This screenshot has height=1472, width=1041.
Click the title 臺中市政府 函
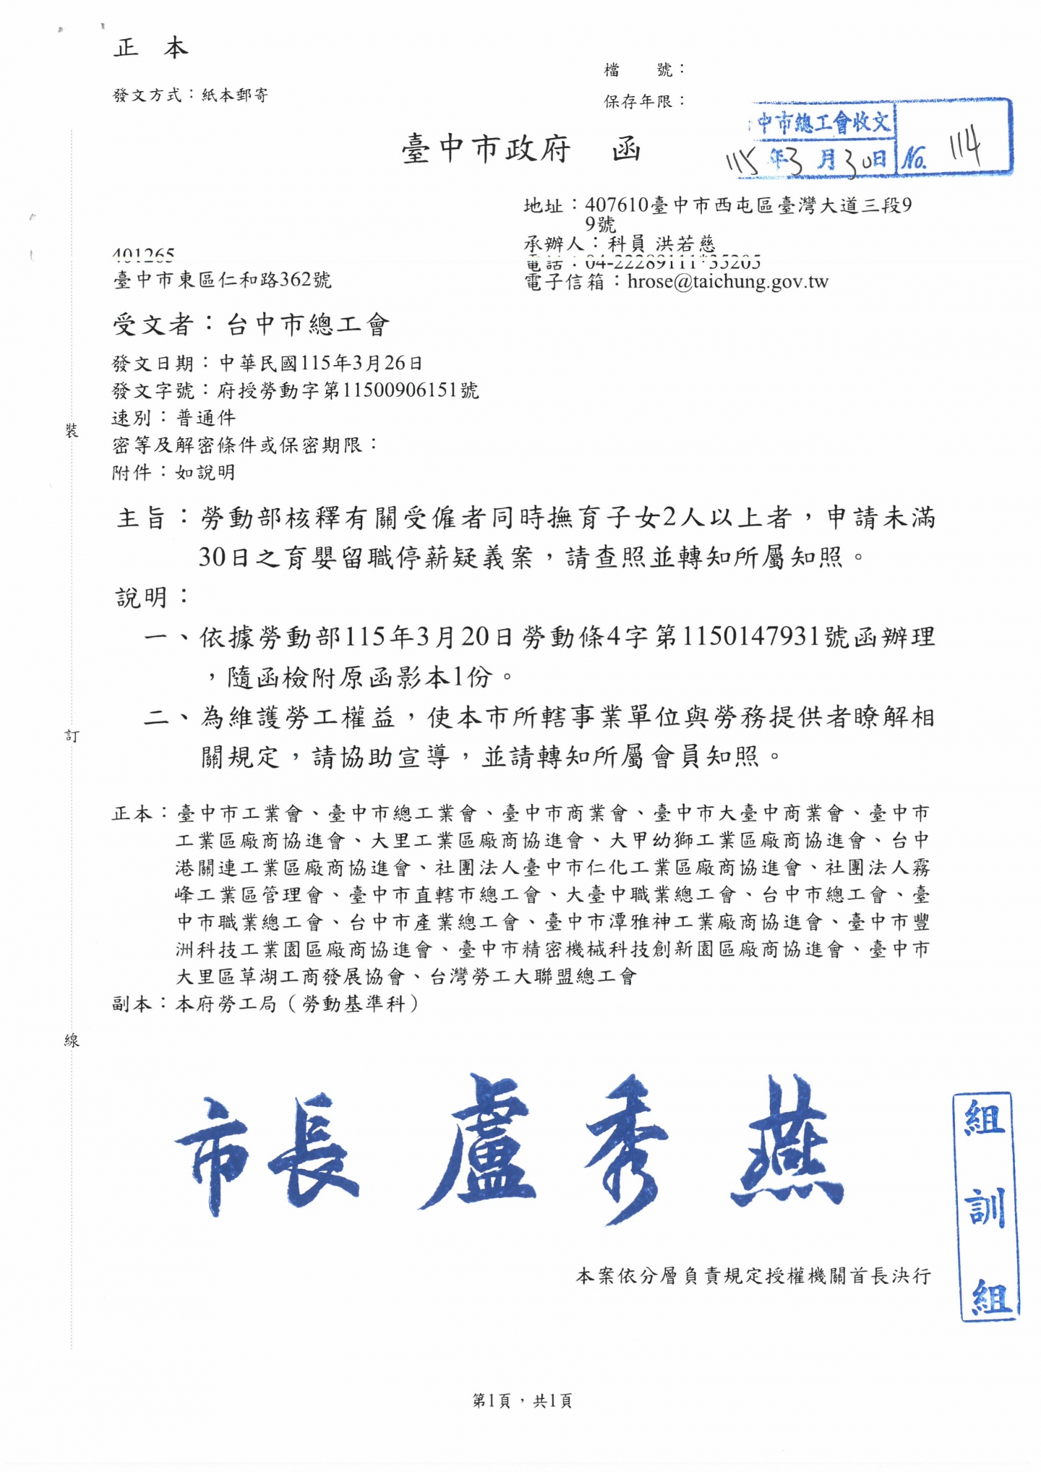[521, 150]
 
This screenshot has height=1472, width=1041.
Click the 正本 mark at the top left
[150, 48]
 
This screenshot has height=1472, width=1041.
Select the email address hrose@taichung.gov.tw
[727, 282]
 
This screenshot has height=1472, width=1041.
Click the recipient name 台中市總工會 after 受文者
[309, 325]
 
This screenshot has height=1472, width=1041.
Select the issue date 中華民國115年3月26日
[321, 363]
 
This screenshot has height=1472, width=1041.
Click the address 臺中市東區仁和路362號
[222, 280]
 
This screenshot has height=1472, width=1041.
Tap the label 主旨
[142, 518]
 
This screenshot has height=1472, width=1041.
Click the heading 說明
[142, 597]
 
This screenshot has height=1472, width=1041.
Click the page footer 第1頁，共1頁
[521, 1401]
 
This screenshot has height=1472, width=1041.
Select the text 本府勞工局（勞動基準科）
[297, 1004]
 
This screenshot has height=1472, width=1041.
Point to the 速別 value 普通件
[206, 418]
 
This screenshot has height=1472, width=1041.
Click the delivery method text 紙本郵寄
[235, 95]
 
